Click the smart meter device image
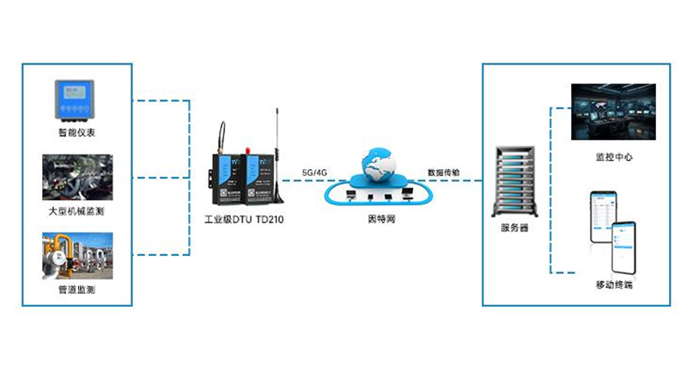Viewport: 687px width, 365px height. point(76,100)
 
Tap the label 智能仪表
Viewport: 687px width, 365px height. point(76,133)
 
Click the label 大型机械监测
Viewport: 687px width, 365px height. point(76,210)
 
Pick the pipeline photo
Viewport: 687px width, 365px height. point(76,255)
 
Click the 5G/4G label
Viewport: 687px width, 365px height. point(314,173)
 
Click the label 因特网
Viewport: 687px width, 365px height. point(378,220)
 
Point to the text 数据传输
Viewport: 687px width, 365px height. point(443,173)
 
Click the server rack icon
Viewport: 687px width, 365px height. point(514,182)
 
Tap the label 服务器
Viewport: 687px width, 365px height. point(514,228)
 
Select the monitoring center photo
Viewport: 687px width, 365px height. point(613,112)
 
